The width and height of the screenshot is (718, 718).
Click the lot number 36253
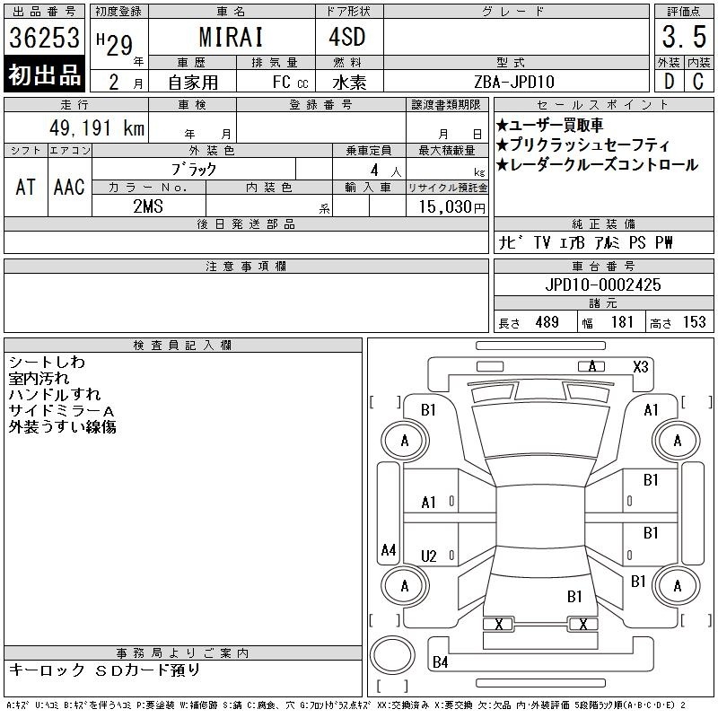click(44, 38)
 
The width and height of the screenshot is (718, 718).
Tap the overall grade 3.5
click(684, 37)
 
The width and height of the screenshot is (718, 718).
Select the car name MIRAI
click(232, 37)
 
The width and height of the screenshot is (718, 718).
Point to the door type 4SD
click(347, 37)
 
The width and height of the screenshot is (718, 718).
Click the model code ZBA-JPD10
click(514, 82)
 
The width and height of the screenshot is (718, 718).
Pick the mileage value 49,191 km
click(97, 127)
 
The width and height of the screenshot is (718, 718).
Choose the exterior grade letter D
click(669, 82)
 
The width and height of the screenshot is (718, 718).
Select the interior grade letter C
click(698, 82)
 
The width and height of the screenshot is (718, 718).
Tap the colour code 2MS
click(148, 206)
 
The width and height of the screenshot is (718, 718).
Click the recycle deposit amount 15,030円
click(452, 206)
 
